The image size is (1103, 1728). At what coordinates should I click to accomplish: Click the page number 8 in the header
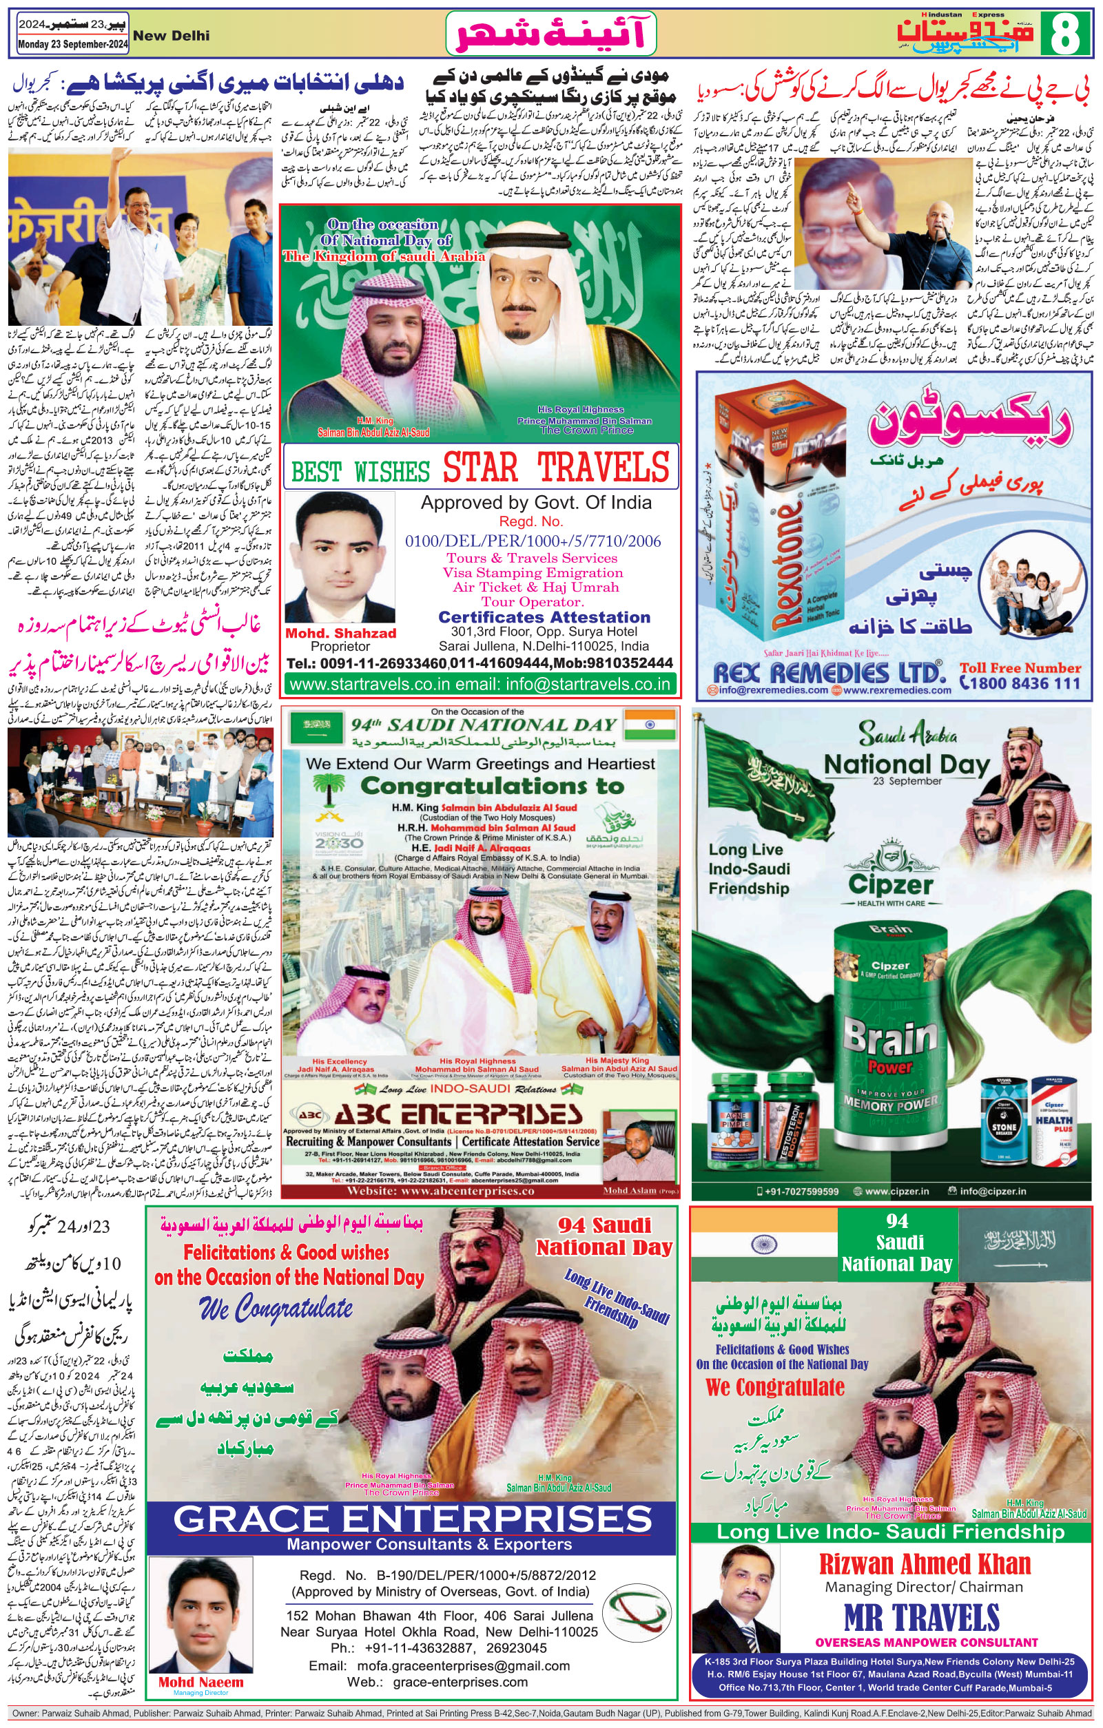coord(1064,34)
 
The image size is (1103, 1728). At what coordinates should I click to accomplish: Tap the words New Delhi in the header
coord(172,36)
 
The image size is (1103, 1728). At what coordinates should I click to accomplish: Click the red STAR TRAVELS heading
coord(555,468)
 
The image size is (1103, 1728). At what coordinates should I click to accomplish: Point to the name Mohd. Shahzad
coord(340,633)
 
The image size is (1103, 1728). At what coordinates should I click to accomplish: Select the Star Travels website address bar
coord(480,684)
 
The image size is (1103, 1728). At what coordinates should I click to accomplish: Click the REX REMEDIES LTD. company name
coord(827,672)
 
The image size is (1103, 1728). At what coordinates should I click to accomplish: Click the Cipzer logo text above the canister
coord(891,884)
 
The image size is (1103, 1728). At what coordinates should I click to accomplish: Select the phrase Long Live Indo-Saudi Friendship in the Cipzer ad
coord(748,868)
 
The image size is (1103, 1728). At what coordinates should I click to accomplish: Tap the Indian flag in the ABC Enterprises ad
coord(650,725)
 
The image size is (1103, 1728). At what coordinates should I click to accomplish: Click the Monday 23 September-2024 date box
coord(73,45)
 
